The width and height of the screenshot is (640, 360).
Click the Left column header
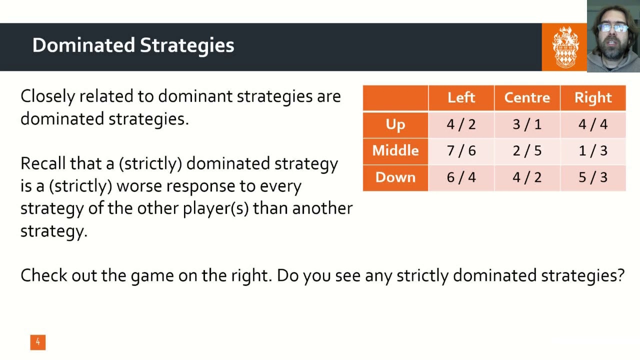[x=461, y=97]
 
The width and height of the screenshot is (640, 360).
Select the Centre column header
[x=527, y=97]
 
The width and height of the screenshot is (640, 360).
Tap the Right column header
[x=593, y=97]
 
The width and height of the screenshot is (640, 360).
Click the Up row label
[x=395, y=124]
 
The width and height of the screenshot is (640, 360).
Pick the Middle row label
[x=395, y=150]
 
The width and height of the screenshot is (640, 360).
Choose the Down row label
[x=395, y=177]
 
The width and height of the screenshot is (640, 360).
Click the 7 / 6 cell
[x=461, y=150]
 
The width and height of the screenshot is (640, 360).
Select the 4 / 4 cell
[x=593, y=124]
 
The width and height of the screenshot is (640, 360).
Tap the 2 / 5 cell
[x=527, y=150]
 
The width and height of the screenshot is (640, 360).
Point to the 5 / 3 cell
[x=593, y=177]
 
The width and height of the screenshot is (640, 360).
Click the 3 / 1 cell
[x=527, y=124]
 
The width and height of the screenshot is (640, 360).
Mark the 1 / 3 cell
[x=593, y=150]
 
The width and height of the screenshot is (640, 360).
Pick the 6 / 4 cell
[x=461, y=177]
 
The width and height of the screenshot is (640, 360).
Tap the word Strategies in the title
[x=187, y=45]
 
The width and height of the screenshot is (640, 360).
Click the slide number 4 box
[x=37, y=342]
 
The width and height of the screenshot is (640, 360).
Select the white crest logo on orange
[x=564, y=47]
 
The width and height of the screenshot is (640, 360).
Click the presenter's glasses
[x=612, y=28]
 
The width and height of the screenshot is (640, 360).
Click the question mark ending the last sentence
[x=620, y=275]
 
